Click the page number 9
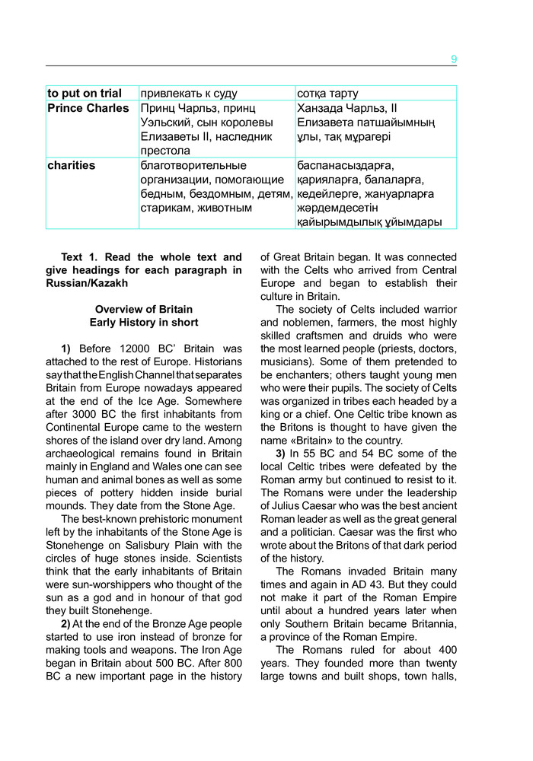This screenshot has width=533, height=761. coord(454,59)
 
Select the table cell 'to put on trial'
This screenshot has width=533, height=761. coord(85,94)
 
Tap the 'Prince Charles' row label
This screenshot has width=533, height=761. coord(88,108)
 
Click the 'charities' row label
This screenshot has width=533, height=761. coord(72,165)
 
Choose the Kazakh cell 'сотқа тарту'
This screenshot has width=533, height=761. coord(328,94)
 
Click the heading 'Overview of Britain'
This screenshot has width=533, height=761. coord(144,309)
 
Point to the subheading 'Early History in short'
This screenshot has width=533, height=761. coord(144,323)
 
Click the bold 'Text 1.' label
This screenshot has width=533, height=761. coord(82,257)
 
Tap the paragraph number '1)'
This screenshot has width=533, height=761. coord(66,349)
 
